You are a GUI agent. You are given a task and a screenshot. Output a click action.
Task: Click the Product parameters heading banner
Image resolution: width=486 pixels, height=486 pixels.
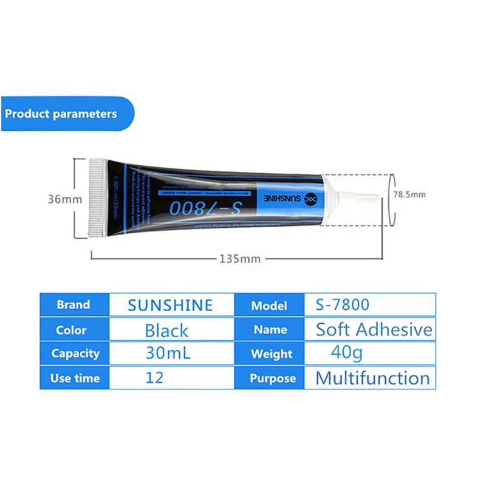click(61, 114)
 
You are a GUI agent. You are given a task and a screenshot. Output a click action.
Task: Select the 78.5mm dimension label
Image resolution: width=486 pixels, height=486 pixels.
click(409, 194)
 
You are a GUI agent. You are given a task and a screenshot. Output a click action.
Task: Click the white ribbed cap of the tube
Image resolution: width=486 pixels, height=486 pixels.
click(97, 197)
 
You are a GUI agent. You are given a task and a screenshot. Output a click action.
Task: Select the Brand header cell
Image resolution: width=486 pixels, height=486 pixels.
click(74, 305)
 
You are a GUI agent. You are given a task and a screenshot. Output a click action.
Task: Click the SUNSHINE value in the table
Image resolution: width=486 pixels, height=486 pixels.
click(170, 305)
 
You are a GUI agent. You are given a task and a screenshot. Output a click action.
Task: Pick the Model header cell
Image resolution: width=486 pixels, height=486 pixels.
click(269, 305)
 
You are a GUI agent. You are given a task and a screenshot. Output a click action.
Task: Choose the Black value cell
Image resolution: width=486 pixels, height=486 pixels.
click(166, 330)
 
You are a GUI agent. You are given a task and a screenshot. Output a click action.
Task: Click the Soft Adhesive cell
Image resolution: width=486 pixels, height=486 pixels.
click(374, 330)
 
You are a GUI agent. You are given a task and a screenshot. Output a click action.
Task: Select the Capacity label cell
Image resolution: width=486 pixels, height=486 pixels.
click(75, 354)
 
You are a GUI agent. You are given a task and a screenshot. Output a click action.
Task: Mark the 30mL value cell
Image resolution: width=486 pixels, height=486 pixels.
click(168, 353)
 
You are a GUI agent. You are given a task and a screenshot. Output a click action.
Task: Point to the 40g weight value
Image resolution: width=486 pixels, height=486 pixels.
click(346, 352)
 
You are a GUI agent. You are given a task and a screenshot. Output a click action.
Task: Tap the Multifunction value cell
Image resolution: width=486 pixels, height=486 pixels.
click(372, 378)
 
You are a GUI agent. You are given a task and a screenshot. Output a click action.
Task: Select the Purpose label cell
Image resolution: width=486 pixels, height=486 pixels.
click(272, 378)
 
